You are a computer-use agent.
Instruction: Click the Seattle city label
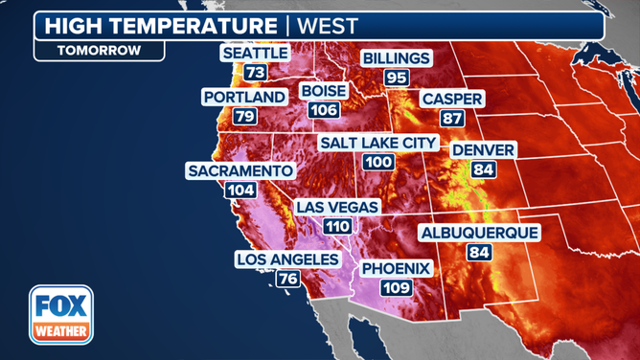click(256, 54)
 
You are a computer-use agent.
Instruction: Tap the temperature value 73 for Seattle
click(255, 73)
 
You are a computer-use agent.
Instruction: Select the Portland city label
click(244, 97)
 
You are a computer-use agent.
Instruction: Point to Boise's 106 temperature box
click(324, 110)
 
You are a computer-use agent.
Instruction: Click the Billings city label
click(396, 58)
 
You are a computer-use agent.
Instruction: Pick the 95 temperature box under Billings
click(396, 78)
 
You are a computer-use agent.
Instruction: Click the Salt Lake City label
click(378, 144)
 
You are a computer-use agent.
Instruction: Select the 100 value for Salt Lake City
click(378, 163)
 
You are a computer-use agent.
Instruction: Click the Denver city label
click(484, 150)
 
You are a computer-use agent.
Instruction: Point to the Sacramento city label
click(240, 170)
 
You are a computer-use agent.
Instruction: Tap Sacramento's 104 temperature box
click(240, 190)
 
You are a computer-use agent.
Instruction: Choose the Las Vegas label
click(337, 207)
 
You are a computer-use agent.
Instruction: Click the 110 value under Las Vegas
click(337, 227)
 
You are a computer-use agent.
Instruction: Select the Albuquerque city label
click(479, 233)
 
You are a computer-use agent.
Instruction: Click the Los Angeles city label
click(287, 259)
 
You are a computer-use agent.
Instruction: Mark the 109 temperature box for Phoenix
click(397, 287)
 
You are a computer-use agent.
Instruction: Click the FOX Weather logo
click(60, 315)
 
